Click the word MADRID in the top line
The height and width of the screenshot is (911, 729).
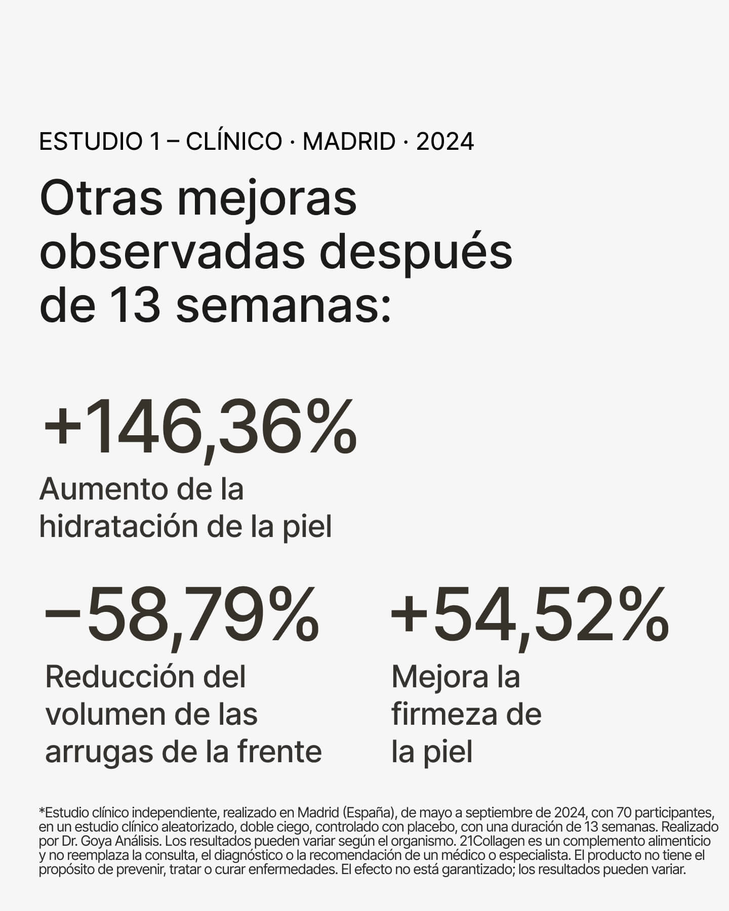point(349,141)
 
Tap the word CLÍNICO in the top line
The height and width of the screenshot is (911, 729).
point(234,141)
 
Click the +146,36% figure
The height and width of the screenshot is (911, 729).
point(200,428)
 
